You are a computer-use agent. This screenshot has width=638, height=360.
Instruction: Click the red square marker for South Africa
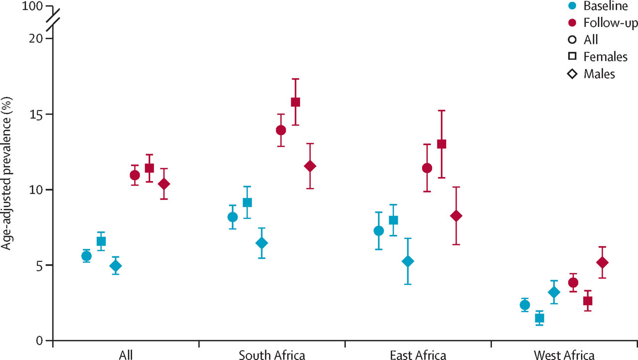pyautogui.click(x=295, y=102)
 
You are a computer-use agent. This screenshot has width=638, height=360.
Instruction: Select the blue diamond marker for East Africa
pyautogui.click(x=408, y=261)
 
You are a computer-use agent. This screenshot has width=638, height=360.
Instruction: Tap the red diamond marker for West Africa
pyautogui.click(x=602, y=262)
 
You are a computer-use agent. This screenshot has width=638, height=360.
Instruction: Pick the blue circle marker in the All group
pyautogui.click(x=86, y=256)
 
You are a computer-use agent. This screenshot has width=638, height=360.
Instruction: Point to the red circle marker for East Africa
pyautogui.click(x=427, y=168)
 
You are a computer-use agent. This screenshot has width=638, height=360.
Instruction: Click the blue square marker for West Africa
pyautogui.click(x=539, y=318)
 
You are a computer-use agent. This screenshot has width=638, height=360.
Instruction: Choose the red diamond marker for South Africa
pyautogui.click(x=310, y=166)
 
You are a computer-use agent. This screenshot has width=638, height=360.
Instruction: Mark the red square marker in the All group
pyautogui.click(x=149, y=168)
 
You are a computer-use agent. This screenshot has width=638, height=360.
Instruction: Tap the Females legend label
pyautogui.click(x=605, y=57)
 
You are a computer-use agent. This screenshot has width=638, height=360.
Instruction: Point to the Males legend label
pyautogui.click(x=599, y=74)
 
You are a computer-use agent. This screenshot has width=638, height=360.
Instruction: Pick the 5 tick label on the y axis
pyautogui.click(x=40, y=265)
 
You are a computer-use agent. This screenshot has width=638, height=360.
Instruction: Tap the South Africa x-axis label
pyautogui.click(x=272, y=355)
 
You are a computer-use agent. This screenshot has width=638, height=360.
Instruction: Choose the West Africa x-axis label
pyautogui.click(x=564, y=355)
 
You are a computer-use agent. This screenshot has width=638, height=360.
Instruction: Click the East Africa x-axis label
pyautogui.click(x=418, y=355)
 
